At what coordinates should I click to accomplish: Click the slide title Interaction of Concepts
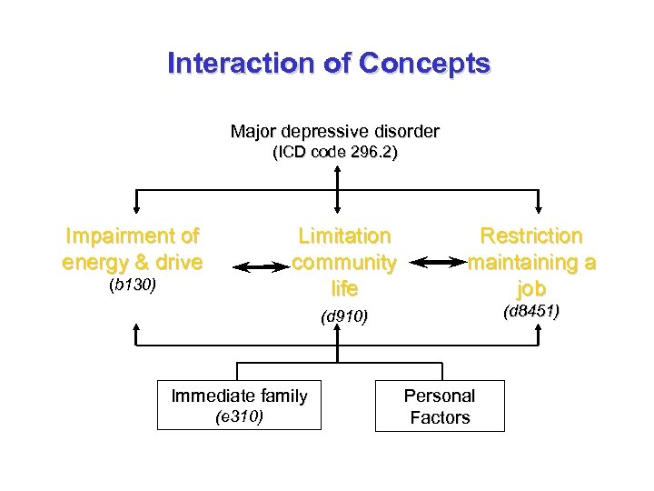[x=328, y=64]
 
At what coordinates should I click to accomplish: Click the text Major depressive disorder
[x=334, y=132]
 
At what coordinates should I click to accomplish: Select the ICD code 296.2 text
[x=335, y=153]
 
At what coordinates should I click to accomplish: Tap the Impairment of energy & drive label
[x=133, y=249]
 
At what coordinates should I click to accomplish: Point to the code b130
[x=133, y=286]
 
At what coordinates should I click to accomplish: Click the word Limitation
[x=344, y=236]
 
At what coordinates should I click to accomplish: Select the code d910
[x=344, y=316]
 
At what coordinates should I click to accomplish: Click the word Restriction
[x=531, y=236]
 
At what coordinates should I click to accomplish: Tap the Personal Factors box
[x=440, y=406]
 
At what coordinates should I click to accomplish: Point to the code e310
[x=239, y=417]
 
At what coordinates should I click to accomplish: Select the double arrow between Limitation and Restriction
[x=436, y=262]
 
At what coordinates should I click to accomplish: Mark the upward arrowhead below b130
[x=136, y=327]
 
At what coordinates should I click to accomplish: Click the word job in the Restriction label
[x=531, y=288]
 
